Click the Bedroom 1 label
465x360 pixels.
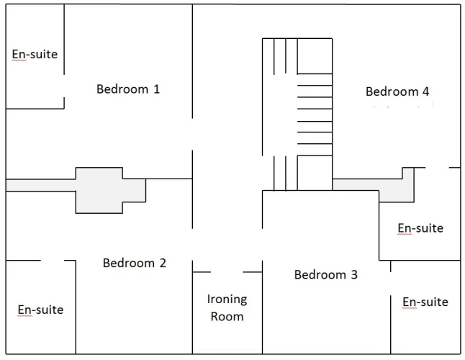click(128, 89)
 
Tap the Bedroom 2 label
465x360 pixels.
click(135, 263)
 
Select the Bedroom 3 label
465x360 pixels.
click(325, 274)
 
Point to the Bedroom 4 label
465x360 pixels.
click(397, 91)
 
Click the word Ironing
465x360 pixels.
click(227, 300)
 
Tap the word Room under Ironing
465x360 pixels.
click(227, 316)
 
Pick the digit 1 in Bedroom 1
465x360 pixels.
click(157, 89)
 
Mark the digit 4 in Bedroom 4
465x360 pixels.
click(426, 91)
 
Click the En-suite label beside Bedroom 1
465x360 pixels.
click(35, 54)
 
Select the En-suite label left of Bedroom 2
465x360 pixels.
click(40, 310)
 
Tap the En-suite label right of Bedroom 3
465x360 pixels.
click(425, 302)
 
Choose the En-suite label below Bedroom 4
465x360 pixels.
click(420, 228)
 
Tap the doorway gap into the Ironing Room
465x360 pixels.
click(227, 272)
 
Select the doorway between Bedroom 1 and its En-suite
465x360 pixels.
click(64, 86)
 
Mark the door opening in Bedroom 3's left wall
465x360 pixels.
click(263, 245)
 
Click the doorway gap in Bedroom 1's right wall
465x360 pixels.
click(192, 135)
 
